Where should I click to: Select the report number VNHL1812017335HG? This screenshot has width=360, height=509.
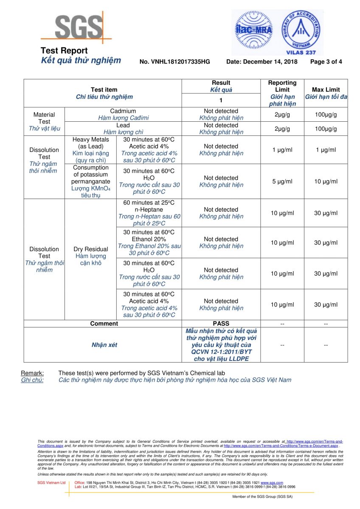pyautogui.click(x=174, y=62)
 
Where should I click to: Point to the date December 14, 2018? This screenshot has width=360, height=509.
pyautogui.click(x=262, y=62)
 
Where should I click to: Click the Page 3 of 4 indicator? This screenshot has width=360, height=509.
pyautogui.click(x=326, y=62)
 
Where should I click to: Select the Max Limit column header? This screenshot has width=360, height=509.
pyautogui.click(x=326, y=90)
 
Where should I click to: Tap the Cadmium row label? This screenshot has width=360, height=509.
pyautogui.click(x=123, y=111)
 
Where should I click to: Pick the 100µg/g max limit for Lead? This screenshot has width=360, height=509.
pyautogui.click(x=326, y=129)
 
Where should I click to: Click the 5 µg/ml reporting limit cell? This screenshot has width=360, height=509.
pyautogui.click(x=282, y=182)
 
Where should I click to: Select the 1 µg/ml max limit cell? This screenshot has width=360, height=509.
pyautogui.click(x=326, y=150)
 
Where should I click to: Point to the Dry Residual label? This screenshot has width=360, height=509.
pyautogui.click(x=90, y=249)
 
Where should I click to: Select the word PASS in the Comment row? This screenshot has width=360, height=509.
pyautogui.click(x=221, y=324)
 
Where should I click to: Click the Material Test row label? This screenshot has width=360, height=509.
pyautogui.click(x=44, y=118)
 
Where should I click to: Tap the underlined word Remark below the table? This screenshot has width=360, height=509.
pyautogui.click(x=32, y=373)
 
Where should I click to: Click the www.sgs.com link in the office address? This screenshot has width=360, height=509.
pyautogui.click(x=271, y=483)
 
